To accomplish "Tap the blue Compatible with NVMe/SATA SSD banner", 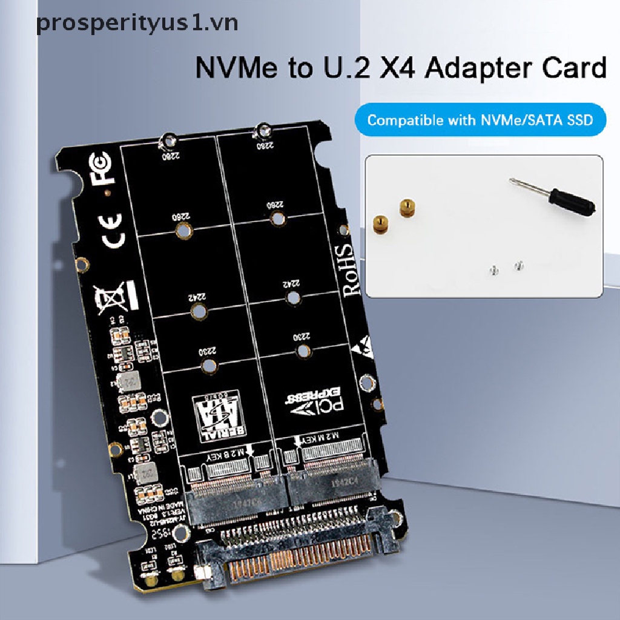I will point(478,120).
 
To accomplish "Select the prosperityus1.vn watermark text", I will point(137,22).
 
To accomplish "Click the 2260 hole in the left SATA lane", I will point(183,229).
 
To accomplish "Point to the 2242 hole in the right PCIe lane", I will point(294,297).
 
